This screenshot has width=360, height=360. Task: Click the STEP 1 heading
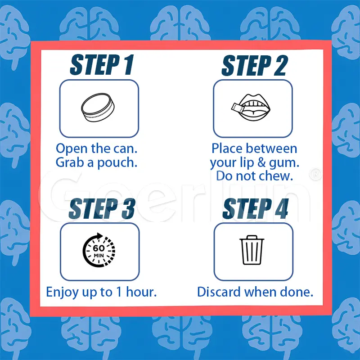[102, 65]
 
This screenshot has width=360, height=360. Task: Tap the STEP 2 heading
[254, 65]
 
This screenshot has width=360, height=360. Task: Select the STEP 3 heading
[102, 209]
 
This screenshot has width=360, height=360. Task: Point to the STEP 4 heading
[255, 209]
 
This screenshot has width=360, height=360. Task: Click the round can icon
[98, 108]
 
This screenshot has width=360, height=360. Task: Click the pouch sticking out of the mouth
[238, 108]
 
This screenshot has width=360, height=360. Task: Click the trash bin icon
[252, 250]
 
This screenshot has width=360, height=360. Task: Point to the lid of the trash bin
[252, 238]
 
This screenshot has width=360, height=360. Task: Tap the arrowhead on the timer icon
[99, 236]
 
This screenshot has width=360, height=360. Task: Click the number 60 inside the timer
[99, 248]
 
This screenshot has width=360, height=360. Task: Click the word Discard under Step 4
[219, 292]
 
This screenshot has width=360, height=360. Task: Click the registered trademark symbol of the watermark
[315, 175]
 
